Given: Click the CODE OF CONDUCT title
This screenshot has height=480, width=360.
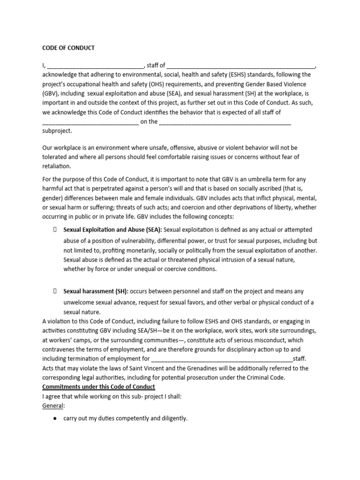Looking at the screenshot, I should pos(68,48).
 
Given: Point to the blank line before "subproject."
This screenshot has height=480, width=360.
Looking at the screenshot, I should pos(225,123).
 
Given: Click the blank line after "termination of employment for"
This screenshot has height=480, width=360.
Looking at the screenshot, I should pos(222,360).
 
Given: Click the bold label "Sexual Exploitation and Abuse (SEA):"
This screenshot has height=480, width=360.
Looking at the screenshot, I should pos(112,230).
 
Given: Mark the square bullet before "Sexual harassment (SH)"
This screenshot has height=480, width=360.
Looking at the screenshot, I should pos(55,291).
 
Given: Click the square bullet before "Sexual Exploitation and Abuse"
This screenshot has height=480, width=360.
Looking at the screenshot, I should pos(55,230).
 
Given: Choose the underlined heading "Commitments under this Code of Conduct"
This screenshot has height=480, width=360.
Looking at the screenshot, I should pos(98,387).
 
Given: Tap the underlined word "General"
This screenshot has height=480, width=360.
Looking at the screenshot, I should pos(52,405).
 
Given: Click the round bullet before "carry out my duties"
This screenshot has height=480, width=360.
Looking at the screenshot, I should pos(55,418).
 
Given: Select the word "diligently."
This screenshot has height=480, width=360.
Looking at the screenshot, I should pos(169,418).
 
